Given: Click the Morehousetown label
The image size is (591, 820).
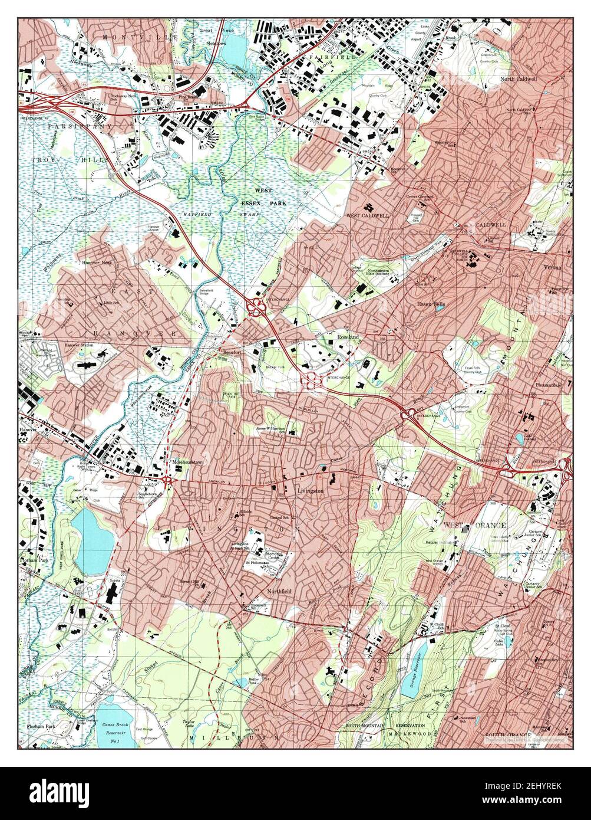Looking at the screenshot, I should click(187, 463).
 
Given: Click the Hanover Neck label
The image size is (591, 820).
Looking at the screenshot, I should click(97, 262).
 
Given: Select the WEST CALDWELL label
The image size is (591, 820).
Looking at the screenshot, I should click(367, 216).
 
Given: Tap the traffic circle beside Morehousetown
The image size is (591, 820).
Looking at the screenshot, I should click(169, 482).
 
